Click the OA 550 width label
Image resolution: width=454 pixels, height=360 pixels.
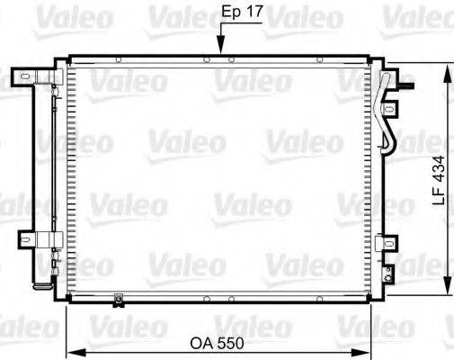pyautogui.click(x=217, y=343)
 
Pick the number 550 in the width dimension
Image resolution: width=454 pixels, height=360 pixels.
pyautogui.click(x=228, y=343)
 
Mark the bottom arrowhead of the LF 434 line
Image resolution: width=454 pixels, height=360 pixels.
pyautogui.click(x=447, y=290)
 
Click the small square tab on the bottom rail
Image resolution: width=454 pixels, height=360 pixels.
pyautogui.click(x=118, y=300)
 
